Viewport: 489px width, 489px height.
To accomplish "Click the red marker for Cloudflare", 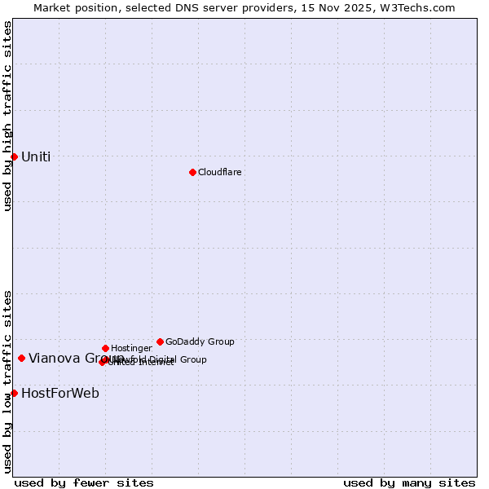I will tap(192, 172).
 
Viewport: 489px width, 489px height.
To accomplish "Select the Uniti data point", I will tap(14, 156).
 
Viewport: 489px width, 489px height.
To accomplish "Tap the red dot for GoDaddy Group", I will tap(160, 341).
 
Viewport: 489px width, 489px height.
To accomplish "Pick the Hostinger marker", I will tap(105, 348).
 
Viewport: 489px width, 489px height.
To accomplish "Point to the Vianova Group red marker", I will tap(21, 358).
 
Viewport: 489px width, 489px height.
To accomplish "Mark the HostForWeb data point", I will tap(14, 393).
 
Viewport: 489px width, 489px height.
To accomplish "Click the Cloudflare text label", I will tap(219, 172).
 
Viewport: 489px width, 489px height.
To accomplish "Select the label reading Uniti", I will tap(36, 156).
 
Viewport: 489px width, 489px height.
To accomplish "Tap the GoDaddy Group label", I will tap(200, 341).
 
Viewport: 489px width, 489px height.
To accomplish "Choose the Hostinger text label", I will tap(131, 348).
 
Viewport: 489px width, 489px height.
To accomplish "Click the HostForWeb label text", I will tap(60, 393).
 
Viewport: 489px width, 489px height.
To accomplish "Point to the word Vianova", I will tap(54, 358).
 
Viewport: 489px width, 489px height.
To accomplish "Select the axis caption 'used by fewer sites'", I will tap(84, 482).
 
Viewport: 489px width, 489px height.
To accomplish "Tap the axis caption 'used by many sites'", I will tap(409, 482).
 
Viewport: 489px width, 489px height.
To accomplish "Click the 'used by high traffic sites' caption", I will tap(7, 116).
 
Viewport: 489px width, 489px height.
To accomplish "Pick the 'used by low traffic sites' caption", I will tap(7, 381).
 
